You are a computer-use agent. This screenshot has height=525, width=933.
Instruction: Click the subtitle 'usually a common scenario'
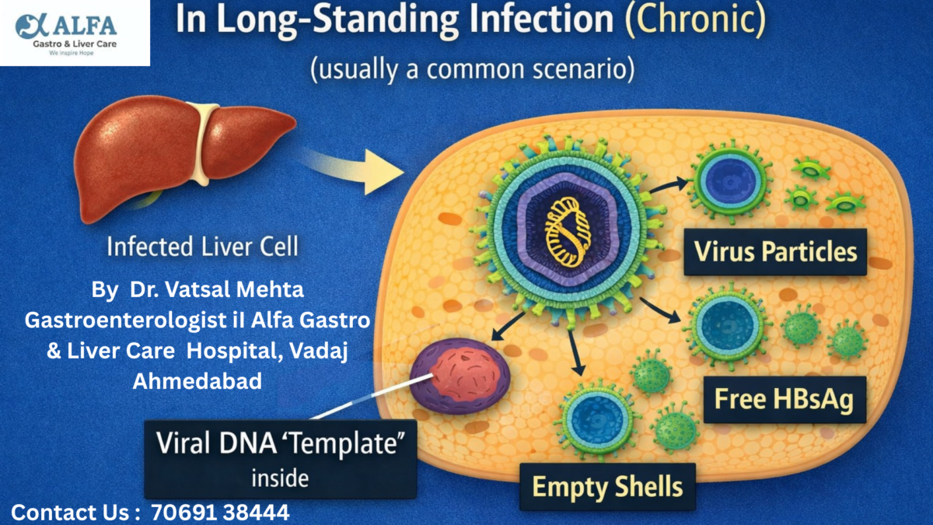(472, 69)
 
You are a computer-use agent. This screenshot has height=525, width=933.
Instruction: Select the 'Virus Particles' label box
(774, 252)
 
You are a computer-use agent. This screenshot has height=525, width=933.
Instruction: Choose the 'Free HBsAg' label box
(784, 400)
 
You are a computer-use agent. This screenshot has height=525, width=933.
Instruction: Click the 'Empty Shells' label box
(607, 486)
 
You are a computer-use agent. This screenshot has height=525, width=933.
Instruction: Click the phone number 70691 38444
(220, 513)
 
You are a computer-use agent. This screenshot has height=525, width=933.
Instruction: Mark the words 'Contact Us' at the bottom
(70, 513)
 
